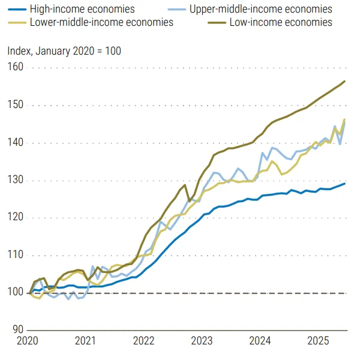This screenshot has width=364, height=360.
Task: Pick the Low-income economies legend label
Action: click(x=281, y=22)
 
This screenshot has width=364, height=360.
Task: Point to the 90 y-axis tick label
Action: click(x=17, y=330)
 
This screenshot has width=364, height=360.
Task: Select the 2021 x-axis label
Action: click(x=86, y=341)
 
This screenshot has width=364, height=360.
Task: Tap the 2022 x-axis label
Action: click(x=145, y=341)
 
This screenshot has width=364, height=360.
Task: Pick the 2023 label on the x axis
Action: click(x=203, y=341)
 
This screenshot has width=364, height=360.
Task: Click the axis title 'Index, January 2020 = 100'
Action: click(x=64, y=50)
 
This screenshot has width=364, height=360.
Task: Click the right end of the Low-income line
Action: click(x=345, y=81)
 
